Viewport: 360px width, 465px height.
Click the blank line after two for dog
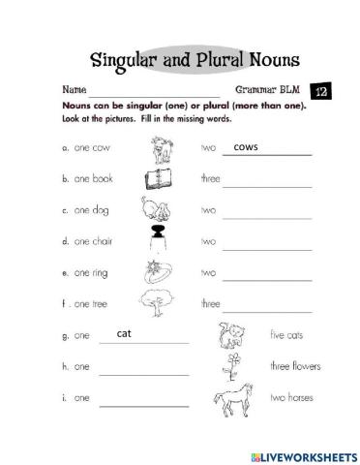[267, 214]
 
